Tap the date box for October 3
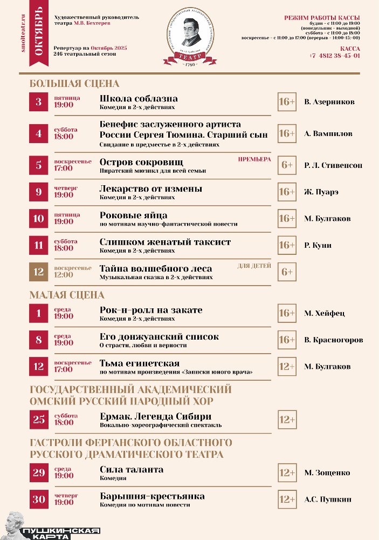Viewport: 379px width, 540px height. pyautogui.click(x=39, y=102)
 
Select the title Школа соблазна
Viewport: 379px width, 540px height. pyautogui.click(x=139, y=99)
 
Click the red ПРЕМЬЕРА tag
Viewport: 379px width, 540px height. pyautogui.click(x=254, y=159)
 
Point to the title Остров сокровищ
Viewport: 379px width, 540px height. pyautogui.click(x=141, y=162)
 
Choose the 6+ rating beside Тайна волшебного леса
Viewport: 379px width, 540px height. pyautogui.click(x=287, y=272)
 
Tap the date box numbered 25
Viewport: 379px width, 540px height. pyautogui.click(x=39, y=420)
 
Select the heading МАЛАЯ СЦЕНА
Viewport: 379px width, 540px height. pyautogui.click(x=67, y=295)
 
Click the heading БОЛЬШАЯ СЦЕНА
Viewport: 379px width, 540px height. pyautogui.click(x=74, y=84)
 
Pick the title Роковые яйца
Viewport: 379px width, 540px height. pyautogui.click(x=133, y=215)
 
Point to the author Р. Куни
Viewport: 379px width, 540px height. pyautogui.click(x=318, y=245)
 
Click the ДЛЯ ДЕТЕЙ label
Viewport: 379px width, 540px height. pyautogui.click(x=254, y=266)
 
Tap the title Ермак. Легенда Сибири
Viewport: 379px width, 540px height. pyautogui.click(x=155, y=416)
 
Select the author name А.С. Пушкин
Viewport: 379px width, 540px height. pyautogui.click(x=327, y=500)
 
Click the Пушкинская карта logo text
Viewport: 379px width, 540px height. pyautogui.click(x=61, y=532)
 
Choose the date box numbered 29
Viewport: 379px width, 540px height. pyautogui.click(x=39, y=473)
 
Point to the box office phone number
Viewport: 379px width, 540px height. pyautogui.click(x=335, y=56)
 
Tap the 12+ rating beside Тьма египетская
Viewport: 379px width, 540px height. pyautogui.click(x=287, y=367)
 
